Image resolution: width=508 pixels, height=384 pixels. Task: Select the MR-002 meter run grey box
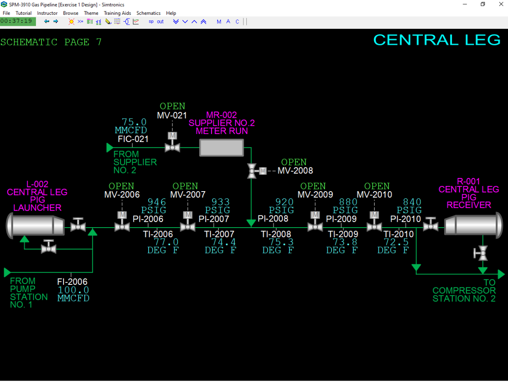(221, 147)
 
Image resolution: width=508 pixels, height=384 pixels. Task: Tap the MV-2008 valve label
(295, 171)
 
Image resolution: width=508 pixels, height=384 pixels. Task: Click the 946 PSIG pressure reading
(154, 206)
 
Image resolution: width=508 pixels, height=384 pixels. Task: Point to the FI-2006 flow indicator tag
(72, 281)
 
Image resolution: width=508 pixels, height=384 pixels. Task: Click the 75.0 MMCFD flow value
(131, 126)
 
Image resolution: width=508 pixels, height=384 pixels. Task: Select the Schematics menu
(148, 13)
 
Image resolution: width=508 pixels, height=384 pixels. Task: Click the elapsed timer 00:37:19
(17, 21)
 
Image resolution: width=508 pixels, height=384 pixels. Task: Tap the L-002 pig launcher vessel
(36, 225)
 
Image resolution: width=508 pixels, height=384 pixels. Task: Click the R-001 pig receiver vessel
(473, 225)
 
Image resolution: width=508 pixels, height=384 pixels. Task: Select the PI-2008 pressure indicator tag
(273, 219)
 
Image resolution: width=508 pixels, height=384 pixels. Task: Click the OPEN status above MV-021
(172, 106)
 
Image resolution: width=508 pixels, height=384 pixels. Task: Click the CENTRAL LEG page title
(437, 40)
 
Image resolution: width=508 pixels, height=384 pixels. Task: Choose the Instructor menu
(47, 13)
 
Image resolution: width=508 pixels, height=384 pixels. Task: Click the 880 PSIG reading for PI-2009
(345, 206)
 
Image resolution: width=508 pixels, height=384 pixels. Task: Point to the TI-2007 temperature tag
(219, 234)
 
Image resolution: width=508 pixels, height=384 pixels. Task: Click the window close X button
(501, 4)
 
